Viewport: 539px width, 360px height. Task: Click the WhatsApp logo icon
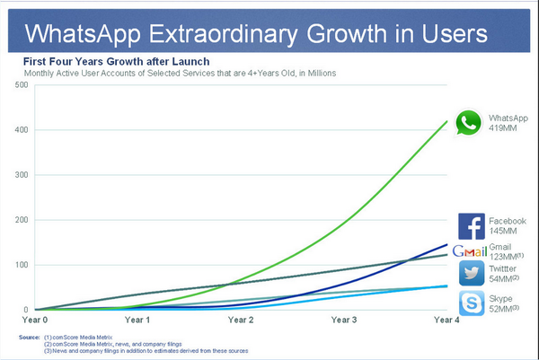(469, 124)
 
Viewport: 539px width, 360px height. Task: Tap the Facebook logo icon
(472, 227)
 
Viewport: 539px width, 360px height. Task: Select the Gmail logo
(470, 251)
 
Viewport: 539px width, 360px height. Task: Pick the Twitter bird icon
(473, 274)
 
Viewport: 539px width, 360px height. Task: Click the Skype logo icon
(473, 302)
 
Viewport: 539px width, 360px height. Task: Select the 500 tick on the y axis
(22, 85)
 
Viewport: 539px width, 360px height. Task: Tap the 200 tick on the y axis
(22, 220)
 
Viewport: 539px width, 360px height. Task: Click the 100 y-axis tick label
(22, 265)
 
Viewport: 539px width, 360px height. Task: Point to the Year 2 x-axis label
(241, 319)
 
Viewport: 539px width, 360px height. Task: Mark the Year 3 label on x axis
(345, 319)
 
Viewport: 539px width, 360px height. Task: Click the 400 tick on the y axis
(22, 130)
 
